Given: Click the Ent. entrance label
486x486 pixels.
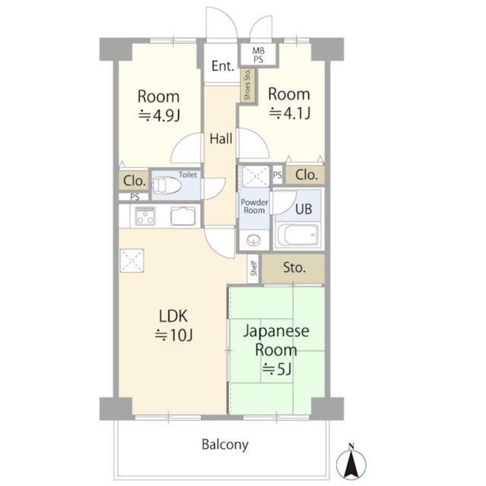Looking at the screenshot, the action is click(x=222, y=66).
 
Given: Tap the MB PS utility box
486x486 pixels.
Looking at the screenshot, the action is click(x=258, y=55).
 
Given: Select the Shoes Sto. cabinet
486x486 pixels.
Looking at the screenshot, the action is click(x=248, y=85).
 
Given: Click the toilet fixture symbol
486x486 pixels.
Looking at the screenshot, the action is click(x=166, y=185).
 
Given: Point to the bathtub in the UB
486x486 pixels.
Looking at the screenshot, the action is click(x=298, y=235).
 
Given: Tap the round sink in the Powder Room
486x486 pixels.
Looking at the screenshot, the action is click(x=254, y=240).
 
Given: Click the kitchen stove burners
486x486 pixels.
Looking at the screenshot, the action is click(x=145, y=216).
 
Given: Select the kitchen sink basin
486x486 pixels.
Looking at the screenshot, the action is click(x=183, y=216).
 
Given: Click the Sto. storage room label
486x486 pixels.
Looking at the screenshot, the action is click(x=294, y=267).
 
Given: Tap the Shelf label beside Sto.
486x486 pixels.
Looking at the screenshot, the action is click(x=254, y=268).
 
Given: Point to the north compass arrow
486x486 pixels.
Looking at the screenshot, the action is click(x=351, y=463).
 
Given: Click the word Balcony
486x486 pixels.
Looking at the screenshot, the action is click(x=225, y=444).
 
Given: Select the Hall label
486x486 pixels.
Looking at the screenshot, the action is click(x=221, y=138).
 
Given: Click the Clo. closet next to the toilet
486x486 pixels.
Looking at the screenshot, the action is click(x=134, y=181).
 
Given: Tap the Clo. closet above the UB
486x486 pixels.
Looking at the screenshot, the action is click(x=306, y=175).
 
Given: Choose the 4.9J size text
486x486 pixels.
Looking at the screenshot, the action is click(x=159, y=115).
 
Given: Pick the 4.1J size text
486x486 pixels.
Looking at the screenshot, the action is click(x=289, y=113).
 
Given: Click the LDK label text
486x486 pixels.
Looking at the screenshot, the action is click(x=173, y=316).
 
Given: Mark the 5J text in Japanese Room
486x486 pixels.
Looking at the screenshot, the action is click(x=276, y=369).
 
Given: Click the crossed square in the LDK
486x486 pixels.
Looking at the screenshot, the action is click(x=132, y=260).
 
